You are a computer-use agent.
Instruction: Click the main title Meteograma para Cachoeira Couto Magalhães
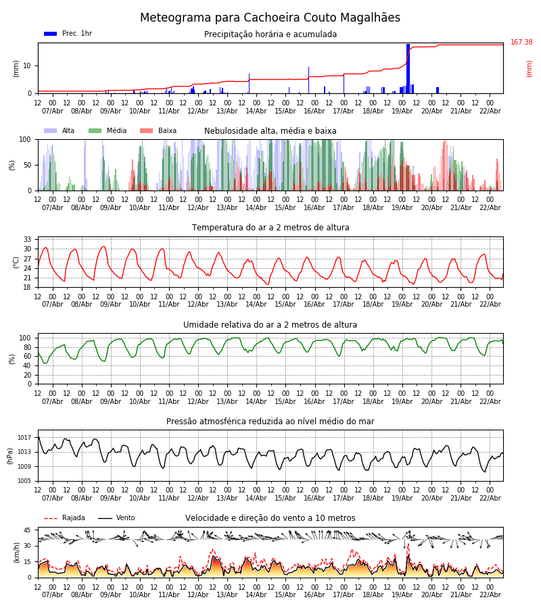270,18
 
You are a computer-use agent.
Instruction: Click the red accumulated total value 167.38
521,43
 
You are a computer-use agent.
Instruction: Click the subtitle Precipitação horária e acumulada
270,34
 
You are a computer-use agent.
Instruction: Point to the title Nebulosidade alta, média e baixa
270,131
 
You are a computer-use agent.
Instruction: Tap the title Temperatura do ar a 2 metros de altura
270,228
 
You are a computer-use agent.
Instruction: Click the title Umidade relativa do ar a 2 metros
270,325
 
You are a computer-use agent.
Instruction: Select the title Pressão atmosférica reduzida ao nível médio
270,422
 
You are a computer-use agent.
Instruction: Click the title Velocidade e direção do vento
270,518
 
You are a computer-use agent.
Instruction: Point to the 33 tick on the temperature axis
28,240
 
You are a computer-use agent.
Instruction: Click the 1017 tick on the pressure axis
25,438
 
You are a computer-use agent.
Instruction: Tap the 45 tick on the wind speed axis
27,530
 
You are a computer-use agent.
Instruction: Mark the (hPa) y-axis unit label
10,455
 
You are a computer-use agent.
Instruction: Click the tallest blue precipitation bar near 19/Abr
408,68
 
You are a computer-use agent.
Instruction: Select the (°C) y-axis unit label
16,261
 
